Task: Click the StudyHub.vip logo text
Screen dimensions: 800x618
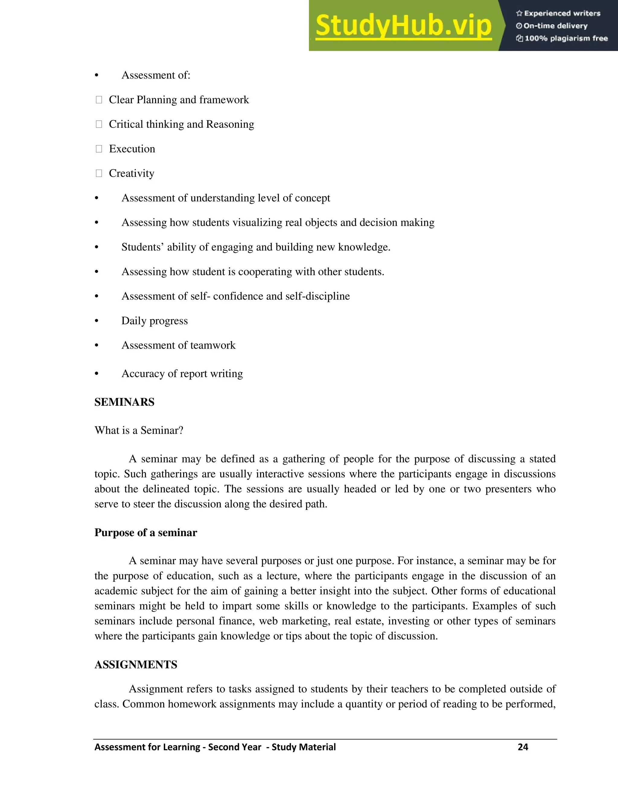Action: tap(403, 26)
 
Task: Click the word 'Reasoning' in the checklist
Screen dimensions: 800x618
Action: tap(230, 124)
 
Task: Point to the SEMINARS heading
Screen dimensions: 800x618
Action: tap(125, 402)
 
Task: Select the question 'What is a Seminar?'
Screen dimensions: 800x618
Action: tap(139, 430)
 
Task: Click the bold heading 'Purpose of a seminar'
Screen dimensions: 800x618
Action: tap(146, 533)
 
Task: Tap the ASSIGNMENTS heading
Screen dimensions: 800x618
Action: tap(136, 665)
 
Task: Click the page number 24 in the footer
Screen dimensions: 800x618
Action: tap(523, 747)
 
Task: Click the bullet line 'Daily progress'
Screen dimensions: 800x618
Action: tap(154, 321)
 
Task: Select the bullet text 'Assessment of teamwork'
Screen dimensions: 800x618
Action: tap(178, 345)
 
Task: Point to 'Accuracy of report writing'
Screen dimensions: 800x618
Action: tap(182, 374)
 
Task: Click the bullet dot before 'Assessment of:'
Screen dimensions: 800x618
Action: tap(97, 75)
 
